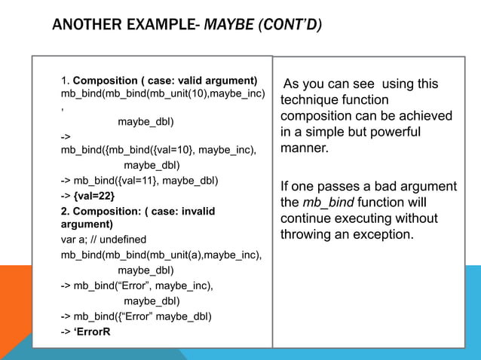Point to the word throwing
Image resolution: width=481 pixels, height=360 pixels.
tap(307, 234)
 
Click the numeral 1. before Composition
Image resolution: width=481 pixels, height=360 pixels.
tap(66, 81)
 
